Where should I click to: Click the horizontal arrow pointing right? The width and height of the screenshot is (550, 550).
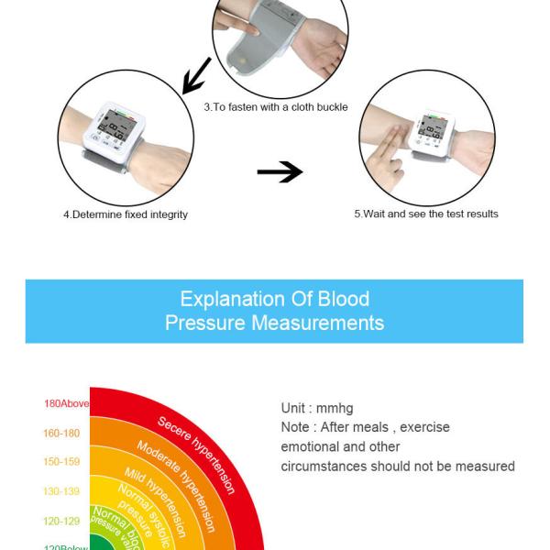280,173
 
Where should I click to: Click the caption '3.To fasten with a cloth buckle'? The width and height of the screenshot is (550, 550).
276,107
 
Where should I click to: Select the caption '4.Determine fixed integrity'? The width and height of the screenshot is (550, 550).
126,214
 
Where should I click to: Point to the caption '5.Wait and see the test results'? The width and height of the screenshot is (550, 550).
426,214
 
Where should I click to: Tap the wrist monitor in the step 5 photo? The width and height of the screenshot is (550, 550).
433,133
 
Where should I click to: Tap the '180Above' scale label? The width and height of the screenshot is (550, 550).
65,403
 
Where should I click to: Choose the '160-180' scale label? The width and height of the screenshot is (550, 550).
62,433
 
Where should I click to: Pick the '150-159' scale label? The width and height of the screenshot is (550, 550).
62,462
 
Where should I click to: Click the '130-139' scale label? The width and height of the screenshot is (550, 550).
62,491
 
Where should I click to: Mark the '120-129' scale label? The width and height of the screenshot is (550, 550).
62,521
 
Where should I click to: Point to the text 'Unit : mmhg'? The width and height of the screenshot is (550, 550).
316,408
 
